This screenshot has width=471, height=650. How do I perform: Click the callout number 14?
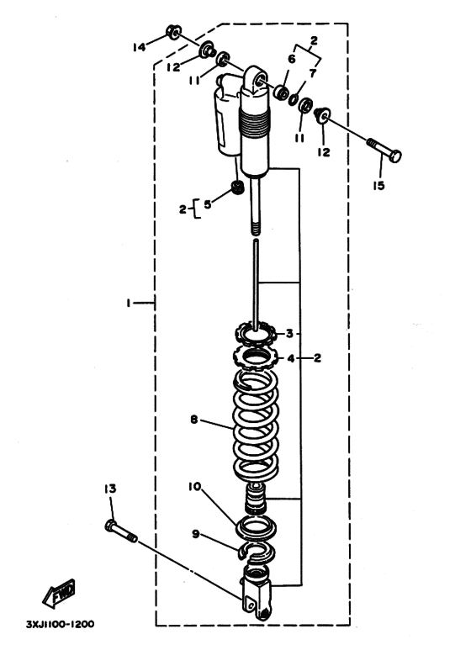140,47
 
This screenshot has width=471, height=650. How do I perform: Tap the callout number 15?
378,185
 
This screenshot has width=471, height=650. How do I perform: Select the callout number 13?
110,489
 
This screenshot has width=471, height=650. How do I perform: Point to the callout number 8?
194,420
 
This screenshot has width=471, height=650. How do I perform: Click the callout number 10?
194,486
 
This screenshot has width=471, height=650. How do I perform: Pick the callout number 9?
195,534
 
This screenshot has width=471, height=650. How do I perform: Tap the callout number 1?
129,304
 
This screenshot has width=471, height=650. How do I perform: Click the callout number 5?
207,204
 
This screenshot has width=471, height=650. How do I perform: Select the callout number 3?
290,333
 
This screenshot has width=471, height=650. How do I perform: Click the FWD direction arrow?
59,594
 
